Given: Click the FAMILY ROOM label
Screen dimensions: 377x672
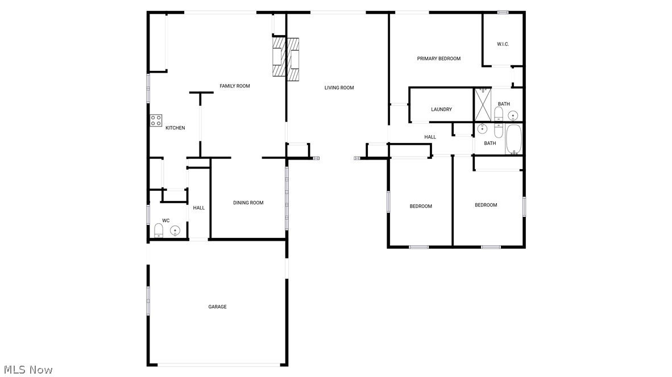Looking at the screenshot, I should pyautogui.click(x=235, y=86).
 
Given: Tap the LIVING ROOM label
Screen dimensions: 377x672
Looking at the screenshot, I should pyautogui.click(x=339, y=88).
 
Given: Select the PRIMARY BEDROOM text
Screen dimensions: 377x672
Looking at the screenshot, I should pyautogui.click(x=438, y=58).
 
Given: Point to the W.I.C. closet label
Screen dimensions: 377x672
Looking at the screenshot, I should pyautogui.click(x=503, y=44).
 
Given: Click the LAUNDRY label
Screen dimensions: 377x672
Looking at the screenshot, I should pyautogui.click(x=441, y=110).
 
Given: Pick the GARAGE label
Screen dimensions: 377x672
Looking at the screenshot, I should pyautogui.click(x=217, y=307).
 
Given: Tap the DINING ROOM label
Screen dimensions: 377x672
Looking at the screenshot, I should pyautogui.click(x=248, y=203).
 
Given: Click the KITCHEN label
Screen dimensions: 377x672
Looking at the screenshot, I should pyautogui.click(x=175, y=128).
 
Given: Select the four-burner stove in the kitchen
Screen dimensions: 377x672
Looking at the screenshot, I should pyautogui.click(x=156, y=120).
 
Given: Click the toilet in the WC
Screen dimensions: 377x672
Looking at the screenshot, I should pyautogui.click(x=159, y=230).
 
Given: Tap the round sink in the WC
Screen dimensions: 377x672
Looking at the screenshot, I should pyautogui.click(x=175, y=231).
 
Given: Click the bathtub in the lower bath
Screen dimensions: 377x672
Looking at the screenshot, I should pyautogui.click(x=514, y=140).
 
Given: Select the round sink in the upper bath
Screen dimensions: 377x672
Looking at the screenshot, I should pyautogui.click(x=513, y=116).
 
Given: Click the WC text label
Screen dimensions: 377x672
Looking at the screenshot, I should pyautogui.click(x=166, y=220).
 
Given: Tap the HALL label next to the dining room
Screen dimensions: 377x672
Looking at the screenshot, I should pyautogui.click(x=198, y=208).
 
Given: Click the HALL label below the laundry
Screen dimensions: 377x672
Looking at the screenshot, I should pyautogui.click(x=430, y=137).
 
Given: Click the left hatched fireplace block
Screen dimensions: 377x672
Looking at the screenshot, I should pyautogui.click(x=278, y=57).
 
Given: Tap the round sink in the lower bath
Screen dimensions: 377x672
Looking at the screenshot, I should pyautogui.click(x=483, y=128).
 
